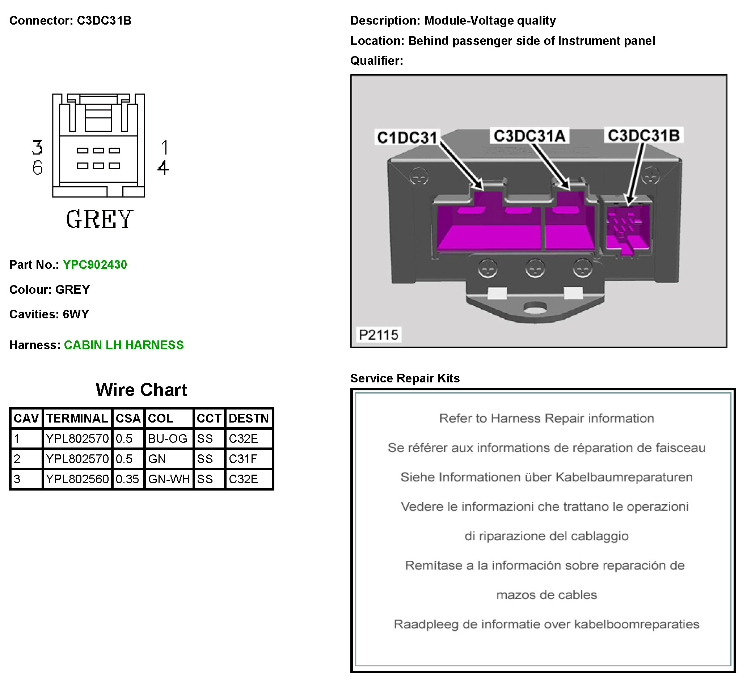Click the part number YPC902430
coord(95,265)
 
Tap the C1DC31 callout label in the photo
coord(407,137)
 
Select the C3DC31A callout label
coord(529,136)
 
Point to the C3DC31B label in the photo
coord(643,136)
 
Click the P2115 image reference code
coord(378,335)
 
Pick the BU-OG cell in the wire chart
coord(168,439)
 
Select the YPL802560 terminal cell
coord(77,479)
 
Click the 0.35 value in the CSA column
coord(127,479)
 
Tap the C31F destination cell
coord(243,459)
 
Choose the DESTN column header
coord(249,419)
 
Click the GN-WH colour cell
coord(169,479)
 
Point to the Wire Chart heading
coord(142,390)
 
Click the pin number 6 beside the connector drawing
coord(37,168)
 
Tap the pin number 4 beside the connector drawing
coord(163,168)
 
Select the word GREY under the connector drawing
coord(99,219)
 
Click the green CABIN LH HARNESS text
coord(124,345)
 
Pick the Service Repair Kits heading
coord(405,378)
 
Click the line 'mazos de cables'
coord(546,595)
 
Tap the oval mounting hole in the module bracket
coord(535,307)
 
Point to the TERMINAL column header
coord(77,419)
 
